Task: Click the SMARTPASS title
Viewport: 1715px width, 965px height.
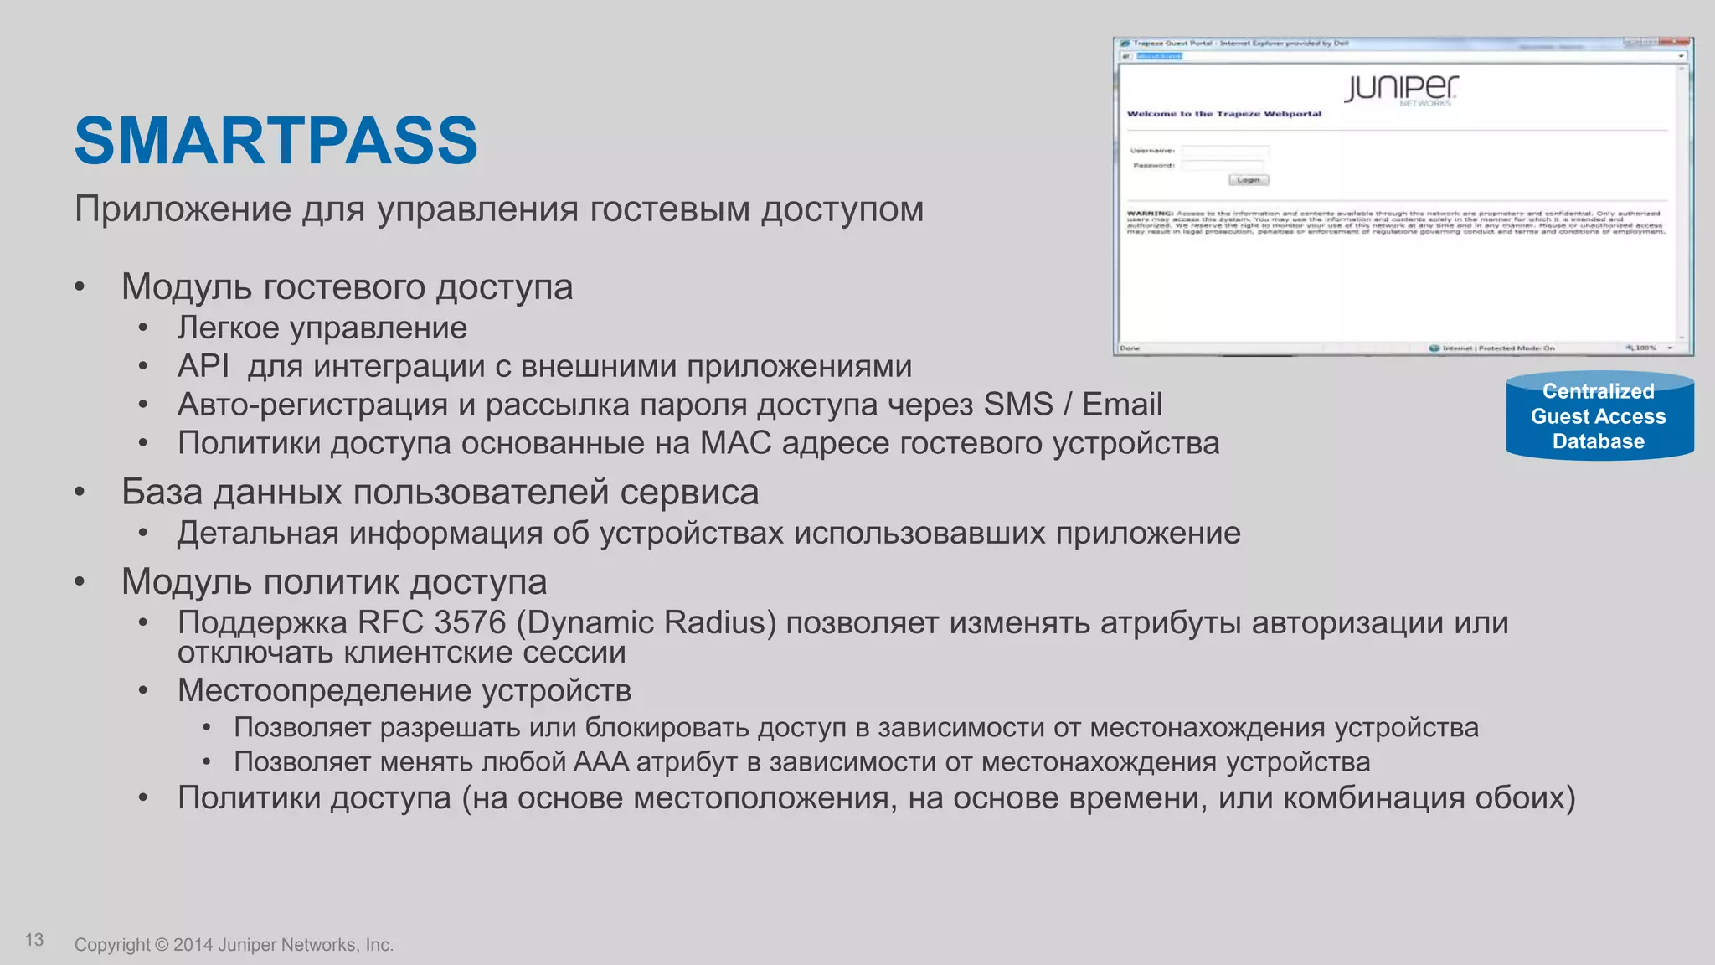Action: coord(276,141)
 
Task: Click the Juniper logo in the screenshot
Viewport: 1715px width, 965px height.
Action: coord(1401,88)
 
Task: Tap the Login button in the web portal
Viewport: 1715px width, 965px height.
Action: coord(1249,180)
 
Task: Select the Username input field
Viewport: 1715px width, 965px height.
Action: coord(1225,151)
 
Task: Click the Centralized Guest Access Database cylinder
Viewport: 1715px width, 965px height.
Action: coord(1599,416)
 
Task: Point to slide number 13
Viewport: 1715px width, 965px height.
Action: coord(34,940)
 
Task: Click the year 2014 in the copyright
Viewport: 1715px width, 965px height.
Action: coord(193,945)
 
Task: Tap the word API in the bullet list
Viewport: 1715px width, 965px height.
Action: coord(203,366)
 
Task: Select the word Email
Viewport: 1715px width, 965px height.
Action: coord(1121,405)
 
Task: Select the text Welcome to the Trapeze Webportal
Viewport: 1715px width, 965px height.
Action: coord(1223,114)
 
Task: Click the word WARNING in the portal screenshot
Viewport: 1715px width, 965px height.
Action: coord(1150,214)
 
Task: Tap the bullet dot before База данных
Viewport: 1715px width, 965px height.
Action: coord(80,492)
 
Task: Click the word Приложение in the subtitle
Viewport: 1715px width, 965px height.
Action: coord(183,209)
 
